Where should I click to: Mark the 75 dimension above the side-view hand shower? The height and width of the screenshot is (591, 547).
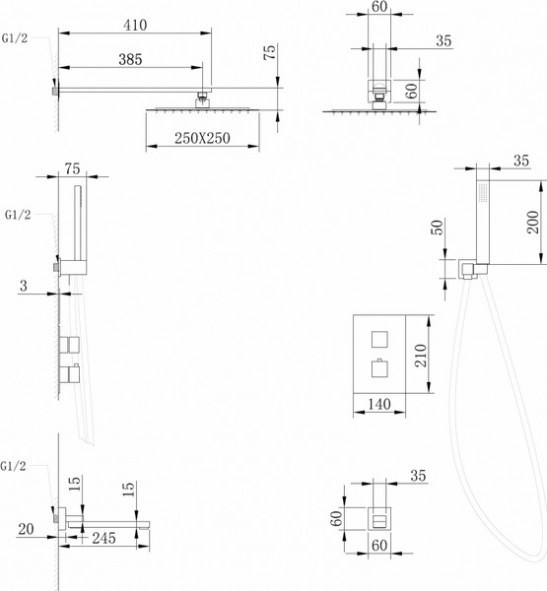tap(72, 168)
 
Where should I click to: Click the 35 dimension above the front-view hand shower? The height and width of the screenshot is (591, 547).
tap(521, 162)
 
